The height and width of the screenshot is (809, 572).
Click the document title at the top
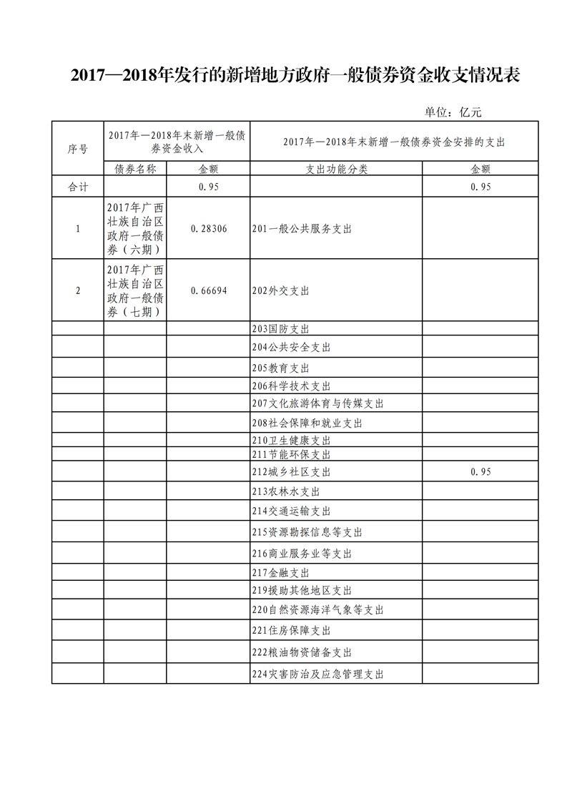[295, 76]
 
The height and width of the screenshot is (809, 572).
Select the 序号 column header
[78, 149]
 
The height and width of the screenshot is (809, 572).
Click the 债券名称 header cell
[135, 169]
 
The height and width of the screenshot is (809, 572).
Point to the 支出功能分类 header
[336, 169]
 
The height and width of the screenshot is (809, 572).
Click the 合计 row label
[78, 187]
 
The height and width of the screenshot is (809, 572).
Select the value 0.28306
[209, 228]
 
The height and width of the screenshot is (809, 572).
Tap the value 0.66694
[209, 290]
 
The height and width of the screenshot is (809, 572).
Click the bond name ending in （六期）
[135, 228]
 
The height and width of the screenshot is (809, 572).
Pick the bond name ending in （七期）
[135, 290]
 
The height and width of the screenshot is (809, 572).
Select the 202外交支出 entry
[281, 290]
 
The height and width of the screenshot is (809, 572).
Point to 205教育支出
[281, 368]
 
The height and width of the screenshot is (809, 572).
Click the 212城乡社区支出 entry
[292, 472]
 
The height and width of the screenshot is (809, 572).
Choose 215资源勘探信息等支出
[307, 532]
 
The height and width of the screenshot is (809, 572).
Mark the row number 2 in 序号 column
[78, 290]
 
